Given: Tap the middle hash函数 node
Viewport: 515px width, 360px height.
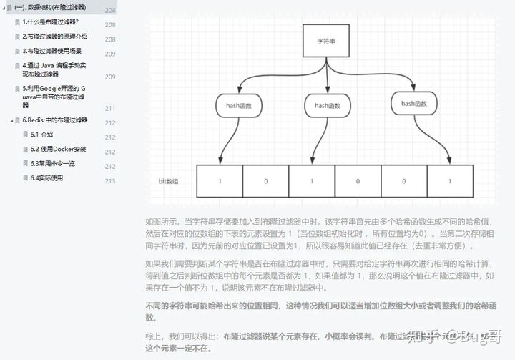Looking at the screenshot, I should pyautogui.click(x=326, y=106).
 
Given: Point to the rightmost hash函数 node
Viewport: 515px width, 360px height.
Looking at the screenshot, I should pyautogui.click(x=413, y=104).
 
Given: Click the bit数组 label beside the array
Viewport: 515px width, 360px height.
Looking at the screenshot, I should pyautogui.click(x=169, y=181).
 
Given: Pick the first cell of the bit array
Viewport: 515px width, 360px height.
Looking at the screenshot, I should pyautogui.click(x=220, y=181).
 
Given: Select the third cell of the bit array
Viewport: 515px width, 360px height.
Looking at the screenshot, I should pyautogui.click(x=311, y=181).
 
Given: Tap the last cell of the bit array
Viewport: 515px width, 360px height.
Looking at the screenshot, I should pyautogui.click(x=449, y=181).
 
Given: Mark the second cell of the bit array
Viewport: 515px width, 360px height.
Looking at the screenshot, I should pyautogui.click(x=265, y=181).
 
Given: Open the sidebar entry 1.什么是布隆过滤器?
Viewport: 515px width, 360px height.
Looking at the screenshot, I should pyautogui.click(x=50, y=21).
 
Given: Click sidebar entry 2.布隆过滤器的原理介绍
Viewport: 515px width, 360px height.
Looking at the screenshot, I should pyautogui.click(x=54, y=36).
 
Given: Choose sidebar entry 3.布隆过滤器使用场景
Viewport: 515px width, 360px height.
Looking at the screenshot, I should pyautogui.click(x=51, y=51).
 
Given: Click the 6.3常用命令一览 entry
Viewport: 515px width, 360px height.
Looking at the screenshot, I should pyautogui.click(x=52, y=163).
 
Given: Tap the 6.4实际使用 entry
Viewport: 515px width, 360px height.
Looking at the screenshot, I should pyautogui.click(x=46, y=177).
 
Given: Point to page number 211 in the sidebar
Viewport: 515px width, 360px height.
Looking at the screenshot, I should pyautogui.click(x=110, y=108).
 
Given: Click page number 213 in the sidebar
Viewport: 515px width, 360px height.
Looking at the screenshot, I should pyautogui.click(x=110, y=180).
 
